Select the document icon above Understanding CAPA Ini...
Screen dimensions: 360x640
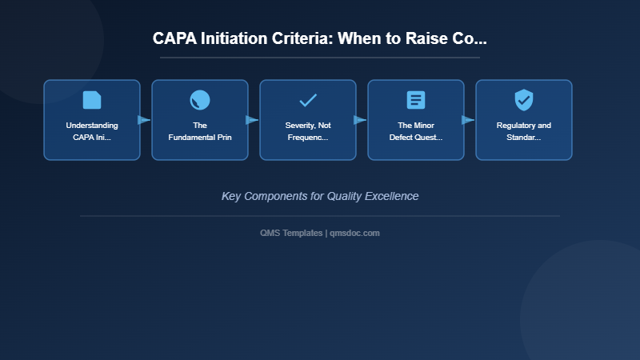tap(92, 100)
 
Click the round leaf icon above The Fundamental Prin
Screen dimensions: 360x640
tap(200, 100)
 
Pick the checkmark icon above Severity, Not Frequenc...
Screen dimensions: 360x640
tap(308, 100)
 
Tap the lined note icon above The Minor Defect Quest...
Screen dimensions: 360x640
tap(416, 100)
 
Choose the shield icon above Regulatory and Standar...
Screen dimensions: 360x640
tap(524, 100)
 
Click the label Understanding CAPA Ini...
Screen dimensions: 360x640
tap(92, 131)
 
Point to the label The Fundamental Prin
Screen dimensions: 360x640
tap(200, 131)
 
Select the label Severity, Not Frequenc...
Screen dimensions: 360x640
tap(308, 131)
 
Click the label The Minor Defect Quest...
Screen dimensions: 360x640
tap(416, 131)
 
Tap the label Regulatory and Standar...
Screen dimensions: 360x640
tap(524, 131)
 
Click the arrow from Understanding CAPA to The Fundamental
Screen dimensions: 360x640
tap(144, 120)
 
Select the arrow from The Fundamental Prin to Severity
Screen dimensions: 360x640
tap(252, 120)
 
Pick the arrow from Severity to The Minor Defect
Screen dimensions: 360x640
tap(360, 120)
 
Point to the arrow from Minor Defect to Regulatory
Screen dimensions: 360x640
tap(468, 120)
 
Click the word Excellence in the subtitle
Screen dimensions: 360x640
tap(392, 196)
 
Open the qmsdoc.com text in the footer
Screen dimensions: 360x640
tap(354, 233)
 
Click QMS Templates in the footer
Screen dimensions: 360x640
tap(291, 233)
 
